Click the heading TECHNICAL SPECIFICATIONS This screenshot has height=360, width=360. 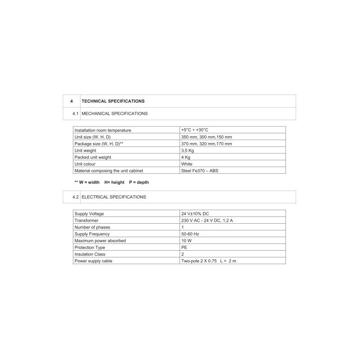coord(113,101)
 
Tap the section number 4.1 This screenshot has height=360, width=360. coord(75,113)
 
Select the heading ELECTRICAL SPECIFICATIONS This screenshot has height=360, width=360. coord(113,197)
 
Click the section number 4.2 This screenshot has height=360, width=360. coord(75,197)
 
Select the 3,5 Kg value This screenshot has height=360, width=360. coord(187,151)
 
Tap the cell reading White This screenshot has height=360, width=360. coord(187,164)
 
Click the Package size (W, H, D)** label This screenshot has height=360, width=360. coord(99,144)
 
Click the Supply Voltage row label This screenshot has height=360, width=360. coord(89,214)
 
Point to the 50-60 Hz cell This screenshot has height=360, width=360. coord(190,234)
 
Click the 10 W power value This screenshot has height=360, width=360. coord(186,241)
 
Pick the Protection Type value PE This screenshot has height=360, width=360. coord(184,247)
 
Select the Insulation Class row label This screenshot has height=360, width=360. coord(90,254)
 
